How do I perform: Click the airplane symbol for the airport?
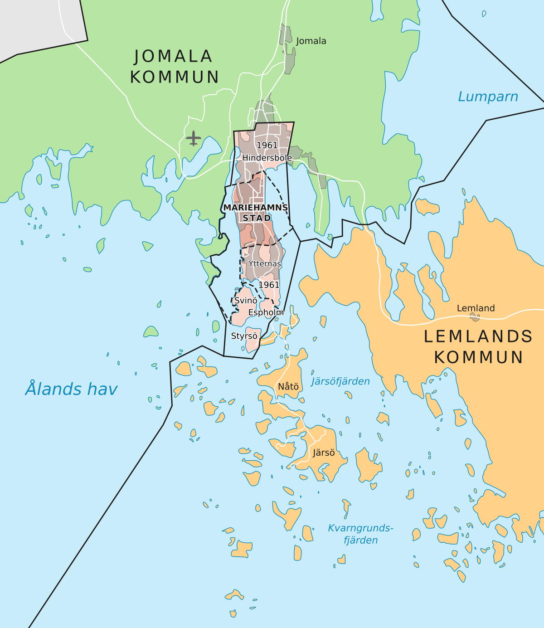click(x=194, y=138)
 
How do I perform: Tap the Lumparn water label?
click(x=488, y=97)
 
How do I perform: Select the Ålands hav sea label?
click(x=71, y=389)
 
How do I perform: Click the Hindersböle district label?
click(x=267, y=158)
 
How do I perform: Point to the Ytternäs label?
click(x=265, y=263)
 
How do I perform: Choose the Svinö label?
click(x=246, y=301)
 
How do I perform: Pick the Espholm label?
click(x=266, y=312)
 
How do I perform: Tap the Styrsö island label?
click(x=244, y=336)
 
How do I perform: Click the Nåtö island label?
click(x=288, y=386)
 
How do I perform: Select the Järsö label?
click(x=324, y=453)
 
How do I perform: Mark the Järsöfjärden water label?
click(x=340, y=381)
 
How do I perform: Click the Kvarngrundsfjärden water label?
click(x=361, y=534)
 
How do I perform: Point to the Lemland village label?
click(x=476, y=308)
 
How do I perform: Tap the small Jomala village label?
click(x=311, y=41)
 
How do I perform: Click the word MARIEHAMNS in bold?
click(x=256, y=207)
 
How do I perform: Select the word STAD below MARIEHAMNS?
click(x=257, y=218)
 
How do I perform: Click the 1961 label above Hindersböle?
click(x=267, y=145)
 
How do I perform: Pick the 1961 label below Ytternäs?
click(x=269, y=285)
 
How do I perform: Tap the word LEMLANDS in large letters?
click(x=478, y=336)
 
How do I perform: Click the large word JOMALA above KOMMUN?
click(x=174, y=56)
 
